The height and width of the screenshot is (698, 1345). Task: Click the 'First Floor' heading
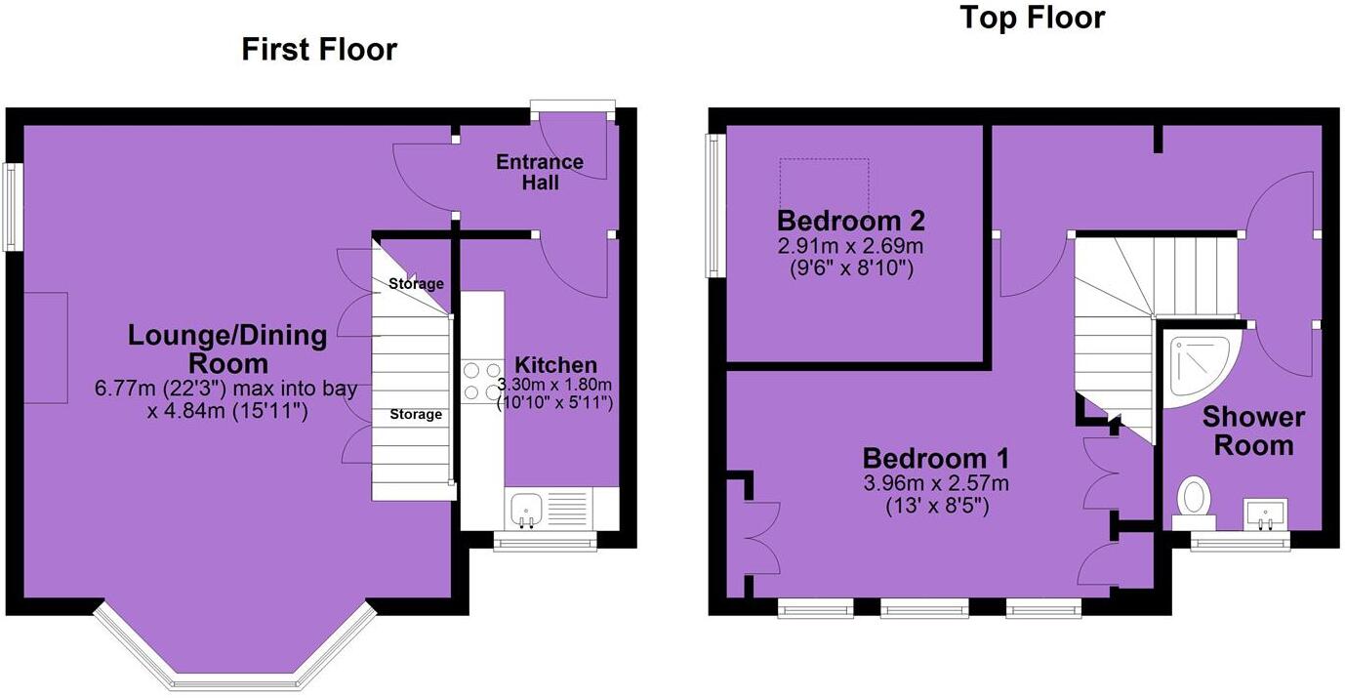(x=319, y=49)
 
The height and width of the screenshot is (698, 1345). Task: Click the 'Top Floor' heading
(x=1032, y=18)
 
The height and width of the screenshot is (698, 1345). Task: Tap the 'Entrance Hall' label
(x=540, y=172)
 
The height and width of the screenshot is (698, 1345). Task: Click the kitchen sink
(x=527, y=509)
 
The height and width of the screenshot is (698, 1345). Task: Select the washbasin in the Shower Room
(x=1266, y=513)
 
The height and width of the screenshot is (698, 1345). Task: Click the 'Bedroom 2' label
(x=850, y=220)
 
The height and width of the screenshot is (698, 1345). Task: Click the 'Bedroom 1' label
(x=935, y=458)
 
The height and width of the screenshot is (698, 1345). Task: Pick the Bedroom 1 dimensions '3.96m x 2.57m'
(x=935, y=483)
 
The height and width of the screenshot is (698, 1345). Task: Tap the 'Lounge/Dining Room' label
(x=227, y=349)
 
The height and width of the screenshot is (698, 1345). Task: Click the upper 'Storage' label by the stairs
(x=416, y=284)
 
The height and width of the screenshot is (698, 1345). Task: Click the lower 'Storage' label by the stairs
(x=416, y=415)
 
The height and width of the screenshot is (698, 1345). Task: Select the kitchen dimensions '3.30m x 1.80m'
(x=554, y=384)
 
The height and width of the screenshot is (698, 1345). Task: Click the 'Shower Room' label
(x=1252, y=431)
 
